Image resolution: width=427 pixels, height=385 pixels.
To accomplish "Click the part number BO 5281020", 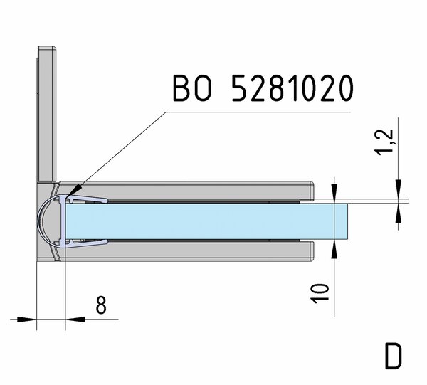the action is tap(263, 88).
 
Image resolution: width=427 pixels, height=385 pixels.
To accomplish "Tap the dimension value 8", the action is tap(101, 305).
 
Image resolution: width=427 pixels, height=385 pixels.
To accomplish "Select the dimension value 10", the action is tap(320, 293).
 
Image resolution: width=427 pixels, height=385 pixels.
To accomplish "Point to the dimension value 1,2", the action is tap(384, 142).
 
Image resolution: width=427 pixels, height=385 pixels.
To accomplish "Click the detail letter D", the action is tap(394, 356).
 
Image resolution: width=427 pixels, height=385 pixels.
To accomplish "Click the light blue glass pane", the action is tap(206, 221).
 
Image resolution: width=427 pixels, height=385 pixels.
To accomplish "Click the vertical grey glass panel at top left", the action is tap(47, 114).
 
